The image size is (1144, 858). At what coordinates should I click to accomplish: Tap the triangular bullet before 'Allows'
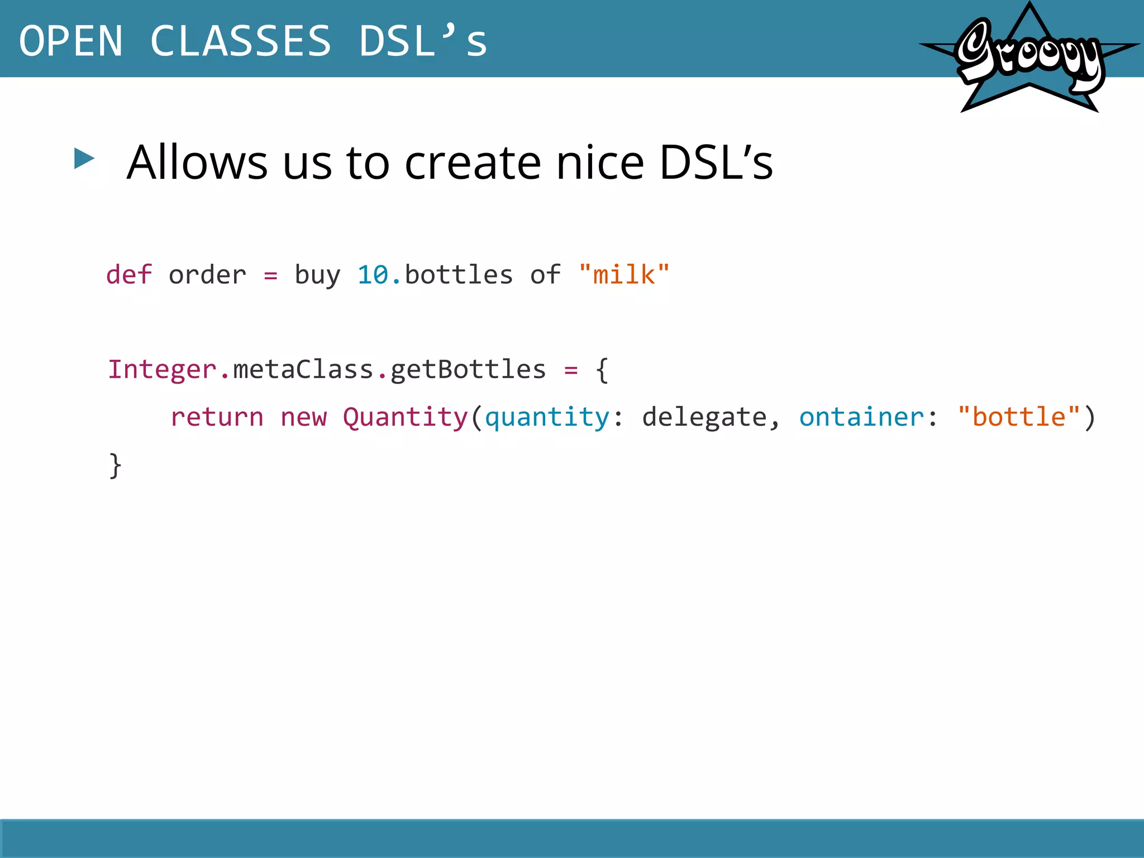84,159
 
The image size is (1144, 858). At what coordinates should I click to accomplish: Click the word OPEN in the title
71,41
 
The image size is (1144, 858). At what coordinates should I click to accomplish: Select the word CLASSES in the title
241,41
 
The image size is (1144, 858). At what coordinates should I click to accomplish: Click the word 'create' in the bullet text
473,163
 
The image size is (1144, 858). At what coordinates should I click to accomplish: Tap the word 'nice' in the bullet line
600,163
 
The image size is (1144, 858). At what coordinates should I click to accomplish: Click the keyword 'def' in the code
129,275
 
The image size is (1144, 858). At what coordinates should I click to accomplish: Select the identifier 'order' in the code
207,275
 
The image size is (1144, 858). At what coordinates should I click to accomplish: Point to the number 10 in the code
373,275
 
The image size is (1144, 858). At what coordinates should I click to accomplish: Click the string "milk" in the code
624,275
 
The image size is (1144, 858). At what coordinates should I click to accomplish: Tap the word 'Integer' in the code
163,370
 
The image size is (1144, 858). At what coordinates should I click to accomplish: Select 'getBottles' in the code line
468,370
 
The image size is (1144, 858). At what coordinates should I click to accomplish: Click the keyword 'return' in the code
217,417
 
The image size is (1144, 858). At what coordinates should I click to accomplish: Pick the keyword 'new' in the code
303,417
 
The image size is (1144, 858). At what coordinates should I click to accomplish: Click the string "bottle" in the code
1018,417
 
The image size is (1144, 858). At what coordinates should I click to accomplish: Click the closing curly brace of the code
115,465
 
